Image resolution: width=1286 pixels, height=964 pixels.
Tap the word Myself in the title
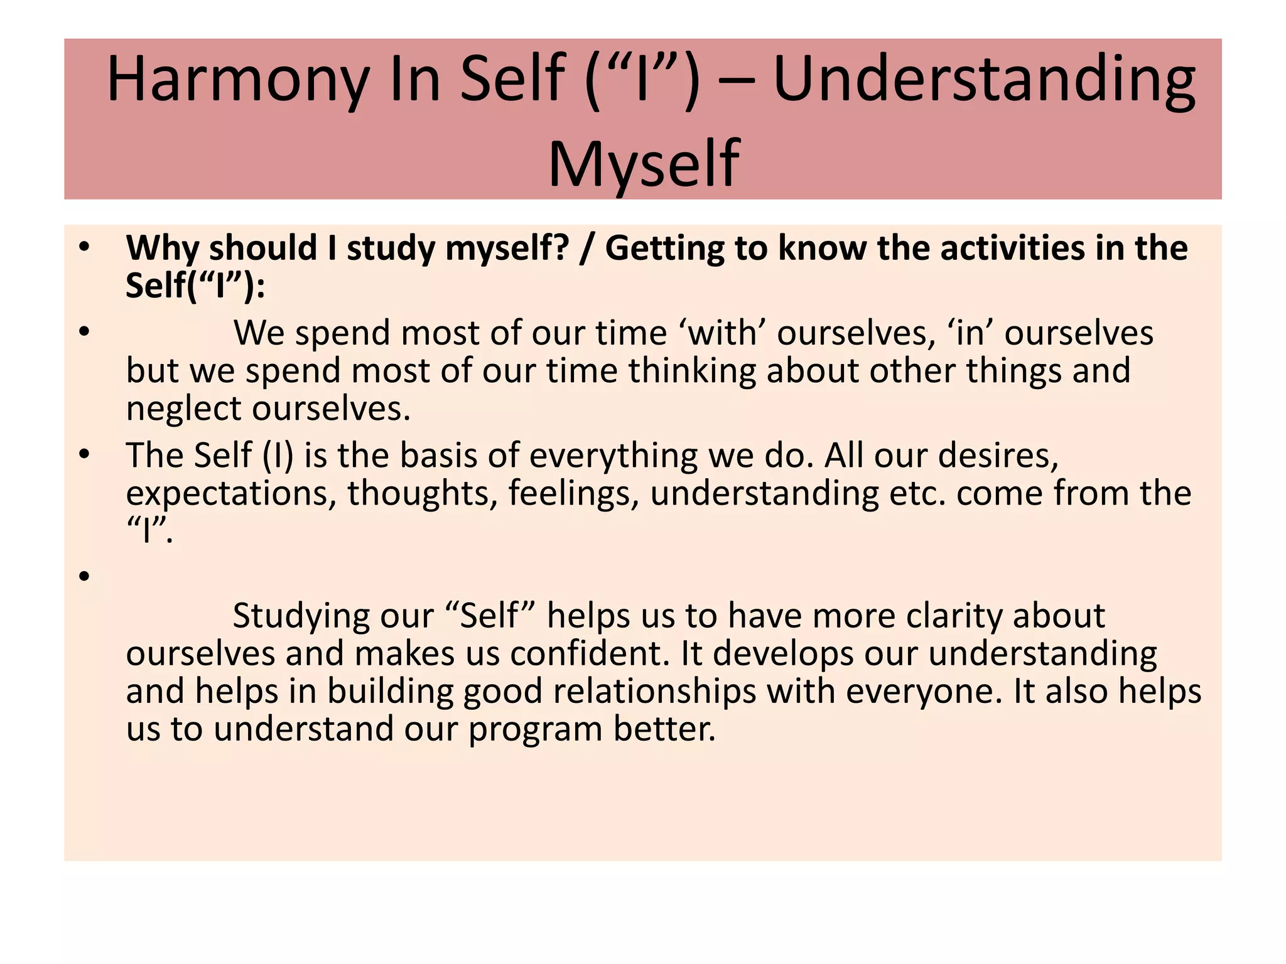(x=644, y=164)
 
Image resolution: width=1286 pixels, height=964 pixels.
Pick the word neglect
(x=183, y=409)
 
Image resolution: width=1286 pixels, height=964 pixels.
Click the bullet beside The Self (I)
(x=85, y=454)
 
